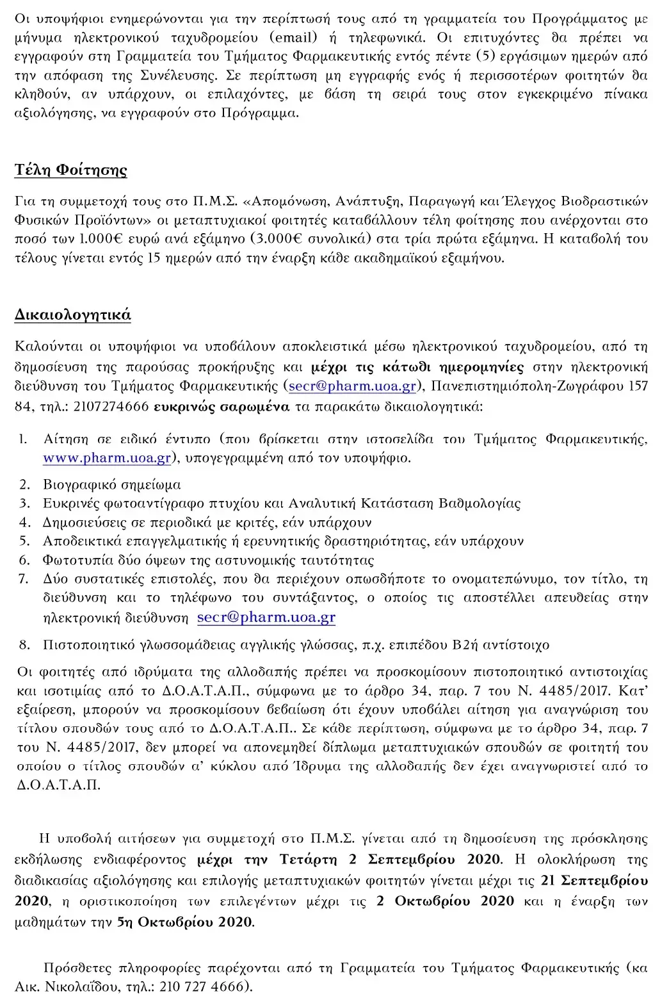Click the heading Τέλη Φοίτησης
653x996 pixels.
pos(70,170)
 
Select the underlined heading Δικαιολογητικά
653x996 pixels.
pos(72,314)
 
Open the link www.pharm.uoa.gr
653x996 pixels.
pos(107,458)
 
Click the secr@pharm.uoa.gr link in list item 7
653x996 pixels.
pos(266,618)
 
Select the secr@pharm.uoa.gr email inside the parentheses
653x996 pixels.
pos(353,387)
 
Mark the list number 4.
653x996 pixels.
pos(24,522)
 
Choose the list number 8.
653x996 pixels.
pos(24,645)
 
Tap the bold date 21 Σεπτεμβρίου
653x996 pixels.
pos(594,881)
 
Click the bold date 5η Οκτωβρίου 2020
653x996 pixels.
pos(185,923)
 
